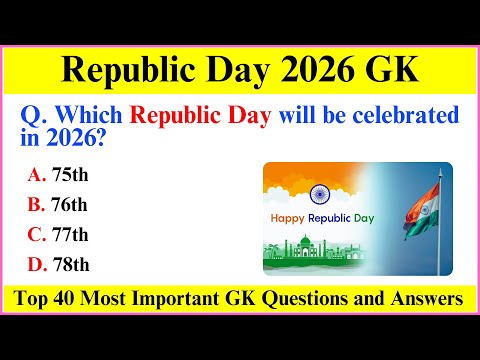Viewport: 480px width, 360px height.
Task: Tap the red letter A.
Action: [x=36, y=174]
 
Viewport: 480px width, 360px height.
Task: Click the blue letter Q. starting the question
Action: [x=34, y=117]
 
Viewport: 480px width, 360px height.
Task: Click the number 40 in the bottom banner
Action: [x=99, y=298]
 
